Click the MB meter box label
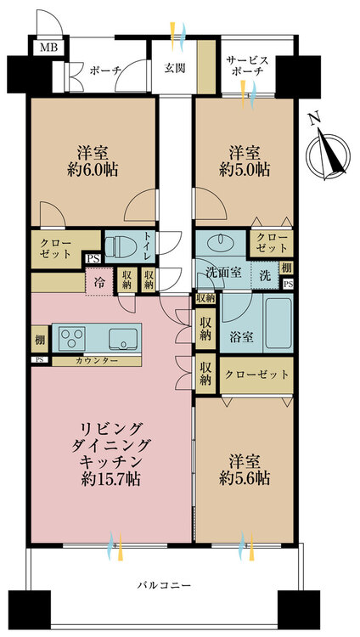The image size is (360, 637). pyautogui.click(x=49, y=48)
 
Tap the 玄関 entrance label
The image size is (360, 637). pyautogui.click(x=175, y=68)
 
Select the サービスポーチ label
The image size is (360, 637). pyautogui.click(x=247, y=65)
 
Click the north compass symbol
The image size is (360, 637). pyautogui.click(x=329, y=152)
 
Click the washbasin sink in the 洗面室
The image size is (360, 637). pyautogui.click(x=220, y=243)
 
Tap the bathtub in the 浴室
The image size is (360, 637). pyautogui.click(x=278, y=324)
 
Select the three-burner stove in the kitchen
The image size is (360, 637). pyautogui.click(x=71, y=337)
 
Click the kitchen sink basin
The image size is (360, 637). pyautogui.click(x=122, y=338)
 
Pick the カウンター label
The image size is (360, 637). pyautogui.click(x=97, y=360)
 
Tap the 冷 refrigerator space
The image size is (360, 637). pyautogui.click(x=98, y=281)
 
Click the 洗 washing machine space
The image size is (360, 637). pyautogui.click(x=264, y=276)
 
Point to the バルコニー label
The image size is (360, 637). pyautogui.click(x=164, y=585)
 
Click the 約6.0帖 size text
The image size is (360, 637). pyautogui.click(x=93, y=170)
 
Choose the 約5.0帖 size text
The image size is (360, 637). pyautogui.click(x=245, y=170)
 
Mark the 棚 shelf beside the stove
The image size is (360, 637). pyautogui.click(x=40, y=340)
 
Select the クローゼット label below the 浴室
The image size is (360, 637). pyautogui.click(x=256, y=374)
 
